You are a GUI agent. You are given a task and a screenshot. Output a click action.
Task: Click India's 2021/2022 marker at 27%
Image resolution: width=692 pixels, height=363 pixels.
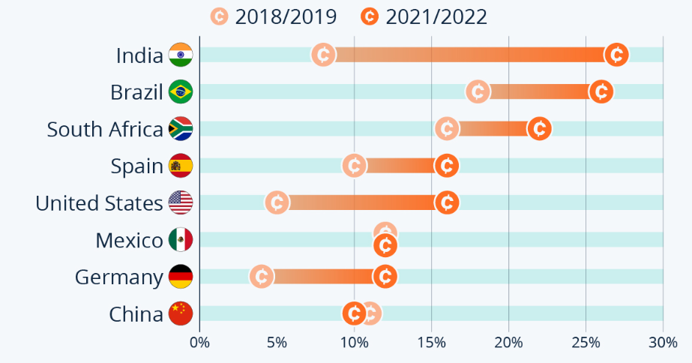point(616,55)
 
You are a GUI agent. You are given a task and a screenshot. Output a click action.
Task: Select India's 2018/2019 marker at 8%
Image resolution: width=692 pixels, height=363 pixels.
point(323,55)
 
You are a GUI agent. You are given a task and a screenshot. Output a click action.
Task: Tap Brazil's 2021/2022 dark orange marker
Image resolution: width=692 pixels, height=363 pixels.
point(601,91)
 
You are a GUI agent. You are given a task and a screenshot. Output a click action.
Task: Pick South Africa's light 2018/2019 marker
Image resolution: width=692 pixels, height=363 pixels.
point(447,128)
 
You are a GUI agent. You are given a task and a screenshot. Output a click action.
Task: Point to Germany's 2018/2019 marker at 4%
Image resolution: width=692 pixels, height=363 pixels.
point(261,276)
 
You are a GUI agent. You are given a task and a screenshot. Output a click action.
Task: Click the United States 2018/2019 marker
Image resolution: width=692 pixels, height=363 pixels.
point(277,202)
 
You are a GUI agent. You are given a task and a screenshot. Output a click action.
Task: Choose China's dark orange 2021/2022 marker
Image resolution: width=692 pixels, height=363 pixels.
point(354,313)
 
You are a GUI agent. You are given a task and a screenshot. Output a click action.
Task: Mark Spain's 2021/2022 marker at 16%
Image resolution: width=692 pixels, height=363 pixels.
point(447,165)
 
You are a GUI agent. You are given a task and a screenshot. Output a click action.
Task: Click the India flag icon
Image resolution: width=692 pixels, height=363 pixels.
point(181,55)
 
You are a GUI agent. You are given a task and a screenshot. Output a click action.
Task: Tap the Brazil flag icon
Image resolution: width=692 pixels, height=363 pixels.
point(181,91)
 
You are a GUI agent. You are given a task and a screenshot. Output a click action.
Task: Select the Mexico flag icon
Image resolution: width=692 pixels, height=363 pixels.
point(181,240)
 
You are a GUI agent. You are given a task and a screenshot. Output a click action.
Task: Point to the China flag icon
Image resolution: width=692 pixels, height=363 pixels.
point(181,313)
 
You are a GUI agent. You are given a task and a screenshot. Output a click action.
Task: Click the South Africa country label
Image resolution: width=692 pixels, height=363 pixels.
point(105,129)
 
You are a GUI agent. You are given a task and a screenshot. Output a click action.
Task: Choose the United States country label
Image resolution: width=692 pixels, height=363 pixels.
point(99,203)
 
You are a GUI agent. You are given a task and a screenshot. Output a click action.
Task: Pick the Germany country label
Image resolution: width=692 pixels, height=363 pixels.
point(119,277)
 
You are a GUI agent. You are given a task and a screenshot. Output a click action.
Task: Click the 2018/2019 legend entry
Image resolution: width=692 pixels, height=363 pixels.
point(274,16)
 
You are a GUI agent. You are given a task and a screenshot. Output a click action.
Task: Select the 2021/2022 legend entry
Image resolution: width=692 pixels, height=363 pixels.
point(424,16)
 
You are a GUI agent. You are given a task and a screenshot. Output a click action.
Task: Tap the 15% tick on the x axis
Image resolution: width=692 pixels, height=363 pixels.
point(431,343)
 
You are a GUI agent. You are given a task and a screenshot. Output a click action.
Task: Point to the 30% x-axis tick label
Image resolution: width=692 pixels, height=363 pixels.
point(663,343)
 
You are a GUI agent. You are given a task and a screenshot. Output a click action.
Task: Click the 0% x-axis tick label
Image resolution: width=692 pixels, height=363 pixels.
point(199,343)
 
